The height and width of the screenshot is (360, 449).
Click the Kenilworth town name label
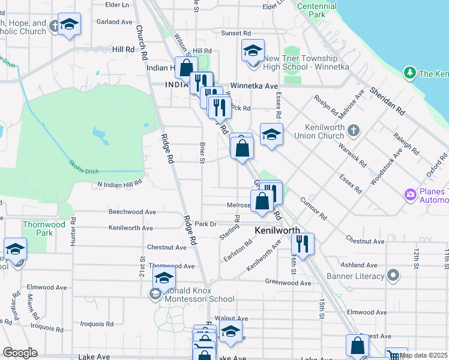tap(277, 230)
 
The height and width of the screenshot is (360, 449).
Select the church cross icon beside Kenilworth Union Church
tap(354, 130)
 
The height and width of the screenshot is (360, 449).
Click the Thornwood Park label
tap(43, 229)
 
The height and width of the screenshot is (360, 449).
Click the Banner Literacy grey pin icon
tap(393, 276)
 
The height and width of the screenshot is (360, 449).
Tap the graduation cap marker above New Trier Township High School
tap(253, 50)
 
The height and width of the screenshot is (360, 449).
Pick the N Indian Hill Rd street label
tap(119, 183)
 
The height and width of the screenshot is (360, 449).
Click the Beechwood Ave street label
tap(132, 212)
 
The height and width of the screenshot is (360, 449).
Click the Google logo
tap(19, 353)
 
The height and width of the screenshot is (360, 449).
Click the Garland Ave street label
tap(114, 22)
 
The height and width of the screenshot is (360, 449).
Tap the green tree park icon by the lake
tap(410, 73)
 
